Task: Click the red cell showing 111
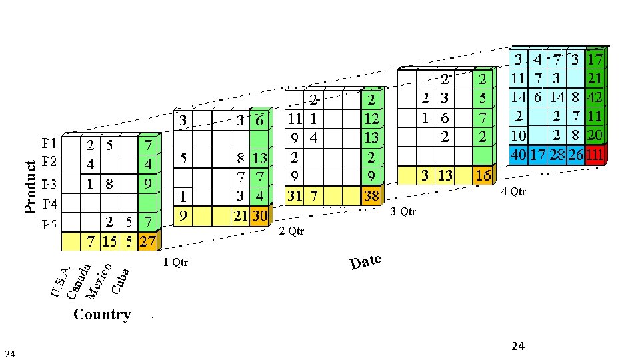coord(596,155)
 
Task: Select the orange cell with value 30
coord(259,216)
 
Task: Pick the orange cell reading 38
coord(371,196)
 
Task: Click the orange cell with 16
coord(483,175)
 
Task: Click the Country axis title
coord(102,315)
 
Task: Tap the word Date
coord(365,261)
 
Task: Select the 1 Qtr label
coord(175,263)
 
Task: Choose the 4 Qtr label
coord(513,192)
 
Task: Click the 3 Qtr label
coord(403,212)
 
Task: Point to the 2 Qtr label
coord(291,231)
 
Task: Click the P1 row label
coord(49,143)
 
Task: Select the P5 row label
coord(49,225)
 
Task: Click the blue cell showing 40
coord(518,155)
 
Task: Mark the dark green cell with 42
coord(595,97)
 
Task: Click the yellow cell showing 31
coord(295,196)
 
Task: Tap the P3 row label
coord(49,184)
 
